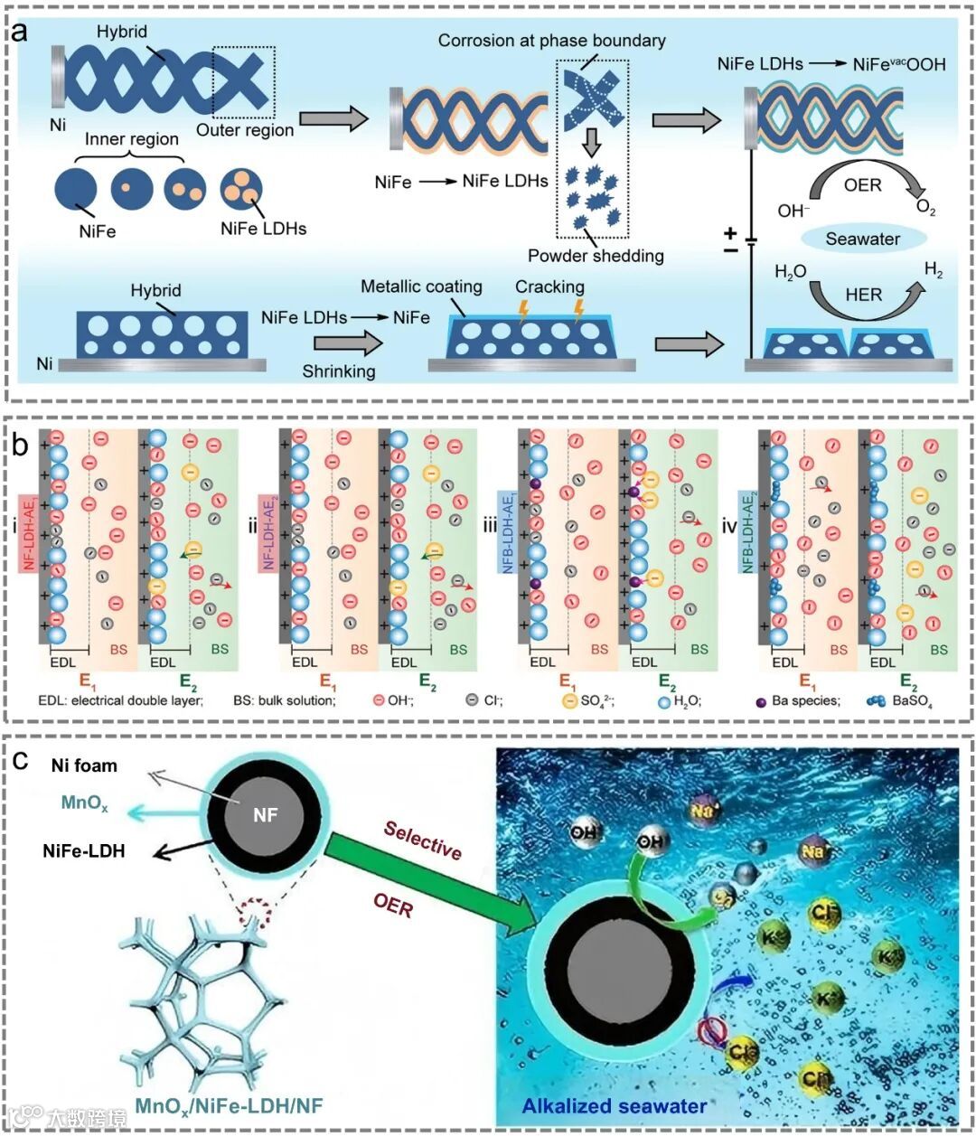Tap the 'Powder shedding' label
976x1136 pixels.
point(596,256)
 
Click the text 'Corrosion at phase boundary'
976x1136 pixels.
point(551,41)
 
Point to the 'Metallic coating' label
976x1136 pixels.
point(421,286)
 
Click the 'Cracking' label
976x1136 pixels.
point(549,286)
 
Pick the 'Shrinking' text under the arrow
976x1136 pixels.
point(339,371)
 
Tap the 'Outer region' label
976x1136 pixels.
point(245,130)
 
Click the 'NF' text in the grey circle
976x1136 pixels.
point(265,816)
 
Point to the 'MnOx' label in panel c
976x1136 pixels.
point(84,803)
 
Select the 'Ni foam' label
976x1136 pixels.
point(83,765)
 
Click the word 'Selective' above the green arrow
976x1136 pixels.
point(422,840)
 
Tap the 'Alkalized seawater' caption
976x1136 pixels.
point(615,1104)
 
